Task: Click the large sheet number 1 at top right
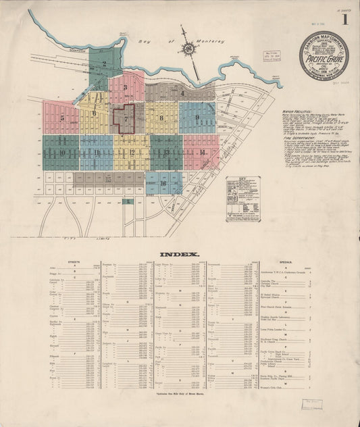coord(345,19)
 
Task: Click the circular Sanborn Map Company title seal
coord(324,55)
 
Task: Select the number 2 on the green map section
coord(105,66)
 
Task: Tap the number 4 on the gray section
coord(182,93)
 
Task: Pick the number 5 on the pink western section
coord(61,117)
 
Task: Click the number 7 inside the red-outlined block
coord(125,118)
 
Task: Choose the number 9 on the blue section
coord(197,118)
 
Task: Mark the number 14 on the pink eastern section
coord(202,151)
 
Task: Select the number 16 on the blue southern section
coord(164,182)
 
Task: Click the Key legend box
coord(242,199)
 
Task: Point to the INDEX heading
coord(179,254)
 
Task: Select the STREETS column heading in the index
coord(74,261)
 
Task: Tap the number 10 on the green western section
coord(61,152)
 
